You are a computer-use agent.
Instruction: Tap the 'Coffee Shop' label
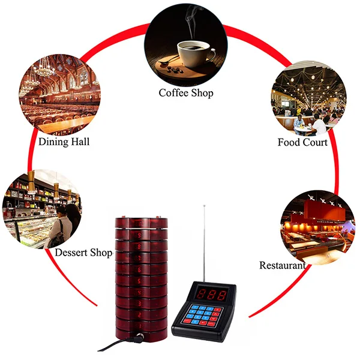point(186,93)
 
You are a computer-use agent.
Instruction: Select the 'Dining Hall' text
point(64,142)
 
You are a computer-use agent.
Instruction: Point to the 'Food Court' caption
point(302,142)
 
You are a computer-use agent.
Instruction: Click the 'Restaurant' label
point(282,265)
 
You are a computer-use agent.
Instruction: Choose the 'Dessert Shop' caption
point(84,253)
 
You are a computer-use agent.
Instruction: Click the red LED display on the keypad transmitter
point(213,295)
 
